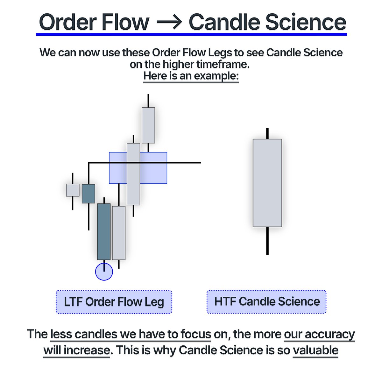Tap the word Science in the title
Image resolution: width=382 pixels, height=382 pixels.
click(x=305, y=22)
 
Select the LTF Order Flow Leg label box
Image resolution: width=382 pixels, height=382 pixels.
click(x=114, y=302)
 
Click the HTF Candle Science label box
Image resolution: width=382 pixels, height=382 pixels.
click(x=267, y=301)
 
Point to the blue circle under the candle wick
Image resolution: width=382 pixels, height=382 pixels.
click(x=104, y=272)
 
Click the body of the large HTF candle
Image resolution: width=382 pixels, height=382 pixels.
click(x=267, y=183)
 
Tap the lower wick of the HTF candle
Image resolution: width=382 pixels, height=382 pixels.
click(x=267, y=241)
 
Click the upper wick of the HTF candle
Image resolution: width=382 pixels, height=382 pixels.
click(x=267, y=133)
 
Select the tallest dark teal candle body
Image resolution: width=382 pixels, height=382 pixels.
click(x=104, y=231)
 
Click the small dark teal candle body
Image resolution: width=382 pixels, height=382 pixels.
click(x=88, y=194)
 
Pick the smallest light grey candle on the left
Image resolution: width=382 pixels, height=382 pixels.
click(x=73, y=190)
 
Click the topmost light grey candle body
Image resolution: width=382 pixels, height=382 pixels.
click(x=148, y=125)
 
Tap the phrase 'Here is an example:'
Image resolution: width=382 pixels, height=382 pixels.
click(x=191, y=76)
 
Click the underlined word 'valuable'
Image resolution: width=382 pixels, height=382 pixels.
click(x=315, y=350)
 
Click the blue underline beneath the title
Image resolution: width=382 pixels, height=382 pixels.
click(x=191, y=34)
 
